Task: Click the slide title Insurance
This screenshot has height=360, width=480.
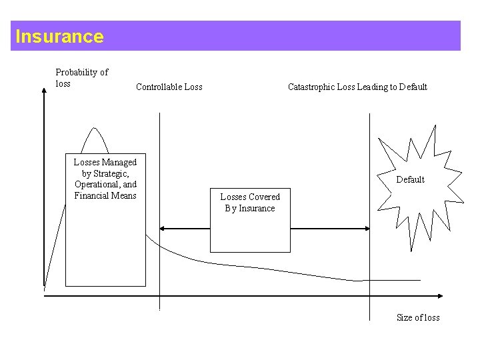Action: coord(59,36)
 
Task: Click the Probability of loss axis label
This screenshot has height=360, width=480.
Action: coord(81,77)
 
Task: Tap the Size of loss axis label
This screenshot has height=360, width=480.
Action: coord(418,317)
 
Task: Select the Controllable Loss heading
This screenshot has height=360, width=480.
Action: coord(169,87)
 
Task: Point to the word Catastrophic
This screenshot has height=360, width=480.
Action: coord(310,87)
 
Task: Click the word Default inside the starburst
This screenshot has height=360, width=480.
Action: coord(410,179)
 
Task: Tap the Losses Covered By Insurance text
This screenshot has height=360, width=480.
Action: coord(250,203)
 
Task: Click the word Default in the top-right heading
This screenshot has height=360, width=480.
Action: coord(413,87)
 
